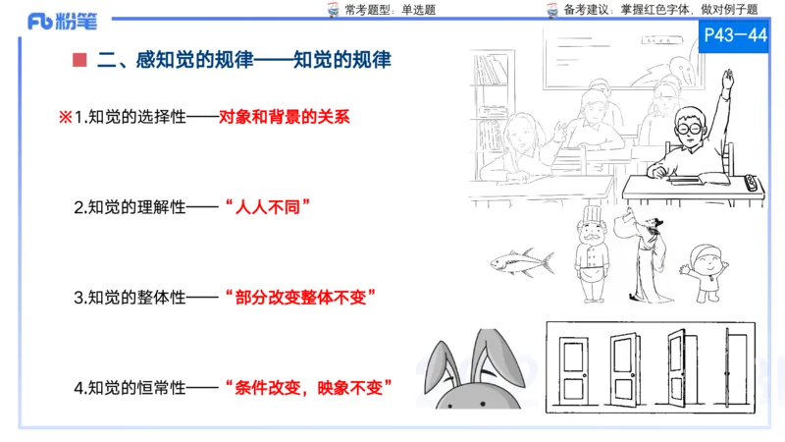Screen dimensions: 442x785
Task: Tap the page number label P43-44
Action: click(736, 35)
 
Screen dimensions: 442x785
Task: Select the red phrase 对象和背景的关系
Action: click(285, 117)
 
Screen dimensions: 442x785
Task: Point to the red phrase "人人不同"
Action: click(267, 208)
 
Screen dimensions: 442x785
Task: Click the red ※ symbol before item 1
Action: click(66, 117)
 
